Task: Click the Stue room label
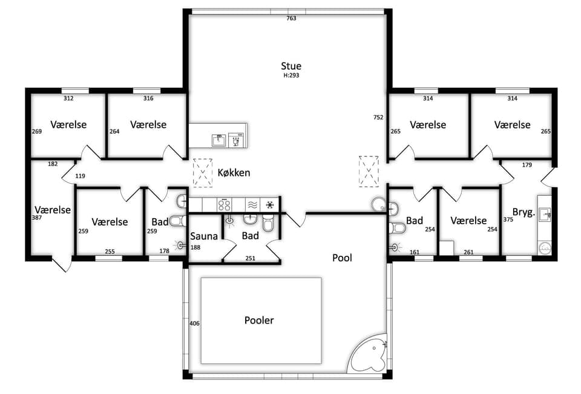(x=291, y=66)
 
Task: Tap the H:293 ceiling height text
(x=291, y=75)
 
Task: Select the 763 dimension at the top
(x=291, y=18)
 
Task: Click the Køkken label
(x=234, y=173)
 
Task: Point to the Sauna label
(x=204, y=236)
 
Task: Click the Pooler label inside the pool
(x=259, y=320)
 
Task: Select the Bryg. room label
(x=524, y=213)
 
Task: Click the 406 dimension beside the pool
(x=194, y=324)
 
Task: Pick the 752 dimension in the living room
(x=378, y=117)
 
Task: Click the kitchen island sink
(x=218, y=140)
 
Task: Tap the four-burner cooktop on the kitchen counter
(x=224, y=205)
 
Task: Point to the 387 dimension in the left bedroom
(x=37, y=218)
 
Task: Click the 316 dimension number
(x=148, y=98)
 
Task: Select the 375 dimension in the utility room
(x=508, y=219)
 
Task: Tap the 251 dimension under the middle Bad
(x=251, y=258)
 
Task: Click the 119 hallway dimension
(x=80, y=176)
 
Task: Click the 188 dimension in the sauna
(x=195, y=247)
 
